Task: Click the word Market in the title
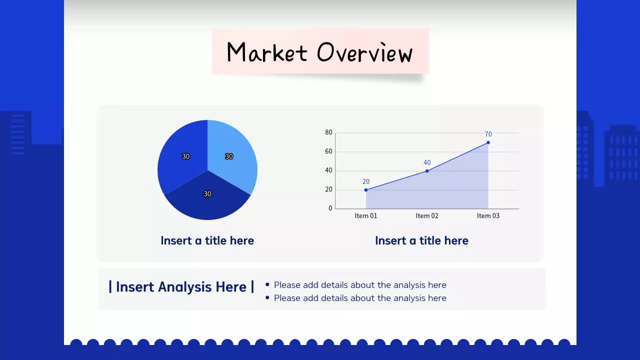(266, 52)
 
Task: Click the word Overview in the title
(365, 52)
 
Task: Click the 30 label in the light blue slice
(229, 156)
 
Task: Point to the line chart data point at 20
(366, 190)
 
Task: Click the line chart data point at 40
(427, 171)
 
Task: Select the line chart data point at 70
(488, 142)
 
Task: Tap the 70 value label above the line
(488, 134)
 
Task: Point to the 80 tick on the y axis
(328, 132)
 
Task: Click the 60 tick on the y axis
(328, 151)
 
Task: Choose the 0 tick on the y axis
(330, 208)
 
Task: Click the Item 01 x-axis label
(366, 216)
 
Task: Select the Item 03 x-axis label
(488, 216)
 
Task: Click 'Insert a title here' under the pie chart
(207, 240)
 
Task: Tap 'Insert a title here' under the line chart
(421, 240)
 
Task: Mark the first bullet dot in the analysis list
(267, 284)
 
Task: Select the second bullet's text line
(360, 298)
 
